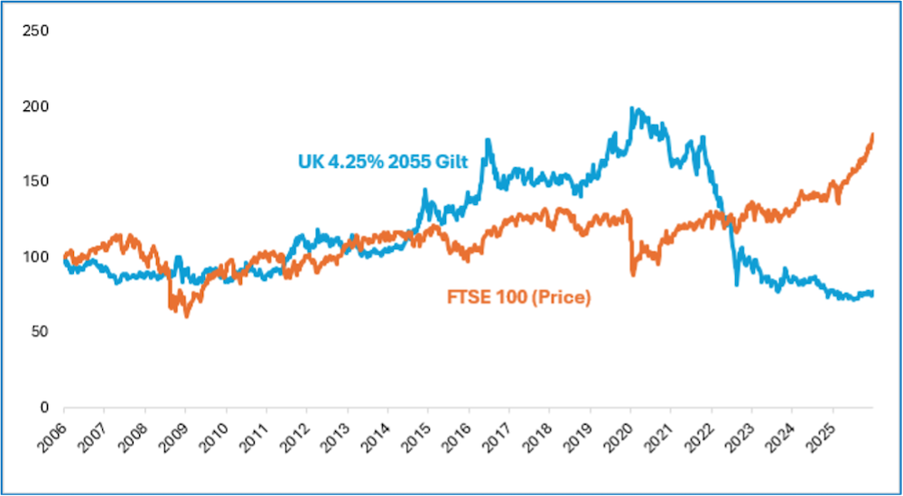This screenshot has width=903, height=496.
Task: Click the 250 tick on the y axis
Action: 36,31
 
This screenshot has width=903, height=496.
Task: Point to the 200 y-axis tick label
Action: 36,106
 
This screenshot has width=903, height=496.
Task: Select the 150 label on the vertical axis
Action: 36,181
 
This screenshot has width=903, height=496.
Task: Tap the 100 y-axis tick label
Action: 36,257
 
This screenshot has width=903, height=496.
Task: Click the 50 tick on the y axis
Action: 40,332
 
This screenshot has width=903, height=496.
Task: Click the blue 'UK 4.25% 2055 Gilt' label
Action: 383,162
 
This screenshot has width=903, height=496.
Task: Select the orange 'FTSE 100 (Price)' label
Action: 518,297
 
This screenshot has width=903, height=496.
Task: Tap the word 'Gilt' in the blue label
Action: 451,162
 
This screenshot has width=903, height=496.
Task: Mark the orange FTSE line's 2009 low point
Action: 186,316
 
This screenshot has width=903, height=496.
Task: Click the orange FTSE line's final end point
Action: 873,135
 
